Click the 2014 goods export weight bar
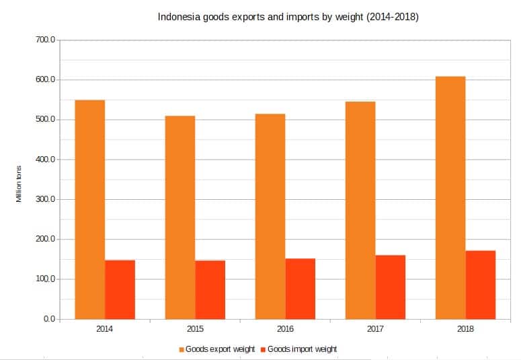[x=90, y=209]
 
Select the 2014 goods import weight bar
[x=120, y=289]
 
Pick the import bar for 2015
[x=210, y=289]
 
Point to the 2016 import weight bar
[x=300, y=289]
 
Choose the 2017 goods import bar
[x=390, y=287]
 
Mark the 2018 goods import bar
[x=480, y=285]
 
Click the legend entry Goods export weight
[x=219, y=349]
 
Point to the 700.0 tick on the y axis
[x=46, y=40]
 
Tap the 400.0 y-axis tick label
[x=46, y=159]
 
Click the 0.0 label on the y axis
[x=49, y=319]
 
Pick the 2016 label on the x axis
[x=285, y=329]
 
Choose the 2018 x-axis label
[x=465, y=329]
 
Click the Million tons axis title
[x=19, y=183]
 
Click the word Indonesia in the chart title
[x=179, y=17]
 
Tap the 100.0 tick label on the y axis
[x=46, y=279]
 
